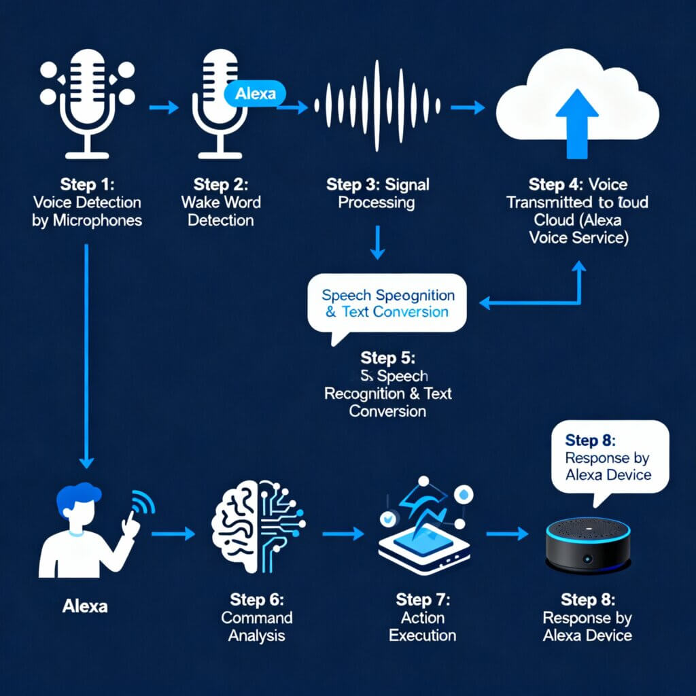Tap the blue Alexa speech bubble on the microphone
(x=254, y=94)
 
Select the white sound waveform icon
(x=377, y=106)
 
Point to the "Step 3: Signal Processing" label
(x=378, y=193)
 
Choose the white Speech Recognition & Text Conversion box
(x=387, y=302)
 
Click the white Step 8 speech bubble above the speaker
(x=608, y=455)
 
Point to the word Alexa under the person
(x=84, y=606)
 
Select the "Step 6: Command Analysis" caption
(x=258, y=618)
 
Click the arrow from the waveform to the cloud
(x=467, y=107)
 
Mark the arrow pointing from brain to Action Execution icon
(x=343, y=534)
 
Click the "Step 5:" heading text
(x=387, y=358)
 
